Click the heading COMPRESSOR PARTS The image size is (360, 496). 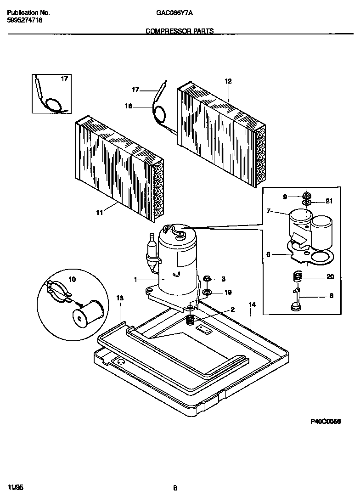(x=180, y=31)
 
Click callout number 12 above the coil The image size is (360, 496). (x=228, y=81)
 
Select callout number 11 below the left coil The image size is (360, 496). (x=100, y=212)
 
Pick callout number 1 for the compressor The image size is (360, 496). (x=135, y=279)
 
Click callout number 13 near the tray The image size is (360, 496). (x=119, y=299)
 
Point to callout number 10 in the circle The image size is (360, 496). (x=73, y=279)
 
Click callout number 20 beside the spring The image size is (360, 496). (x=330, y=277)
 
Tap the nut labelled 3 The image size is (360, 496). (x=207, y=279)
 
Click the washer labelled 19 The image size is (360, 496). (x=207, y=292)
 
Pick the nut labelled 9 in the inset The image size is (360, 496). (x=306, y=196)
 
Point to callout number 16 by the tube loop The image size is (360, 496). (x=129, y=106)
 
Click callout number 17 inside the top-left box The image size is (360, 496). (x=64, y=79)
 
